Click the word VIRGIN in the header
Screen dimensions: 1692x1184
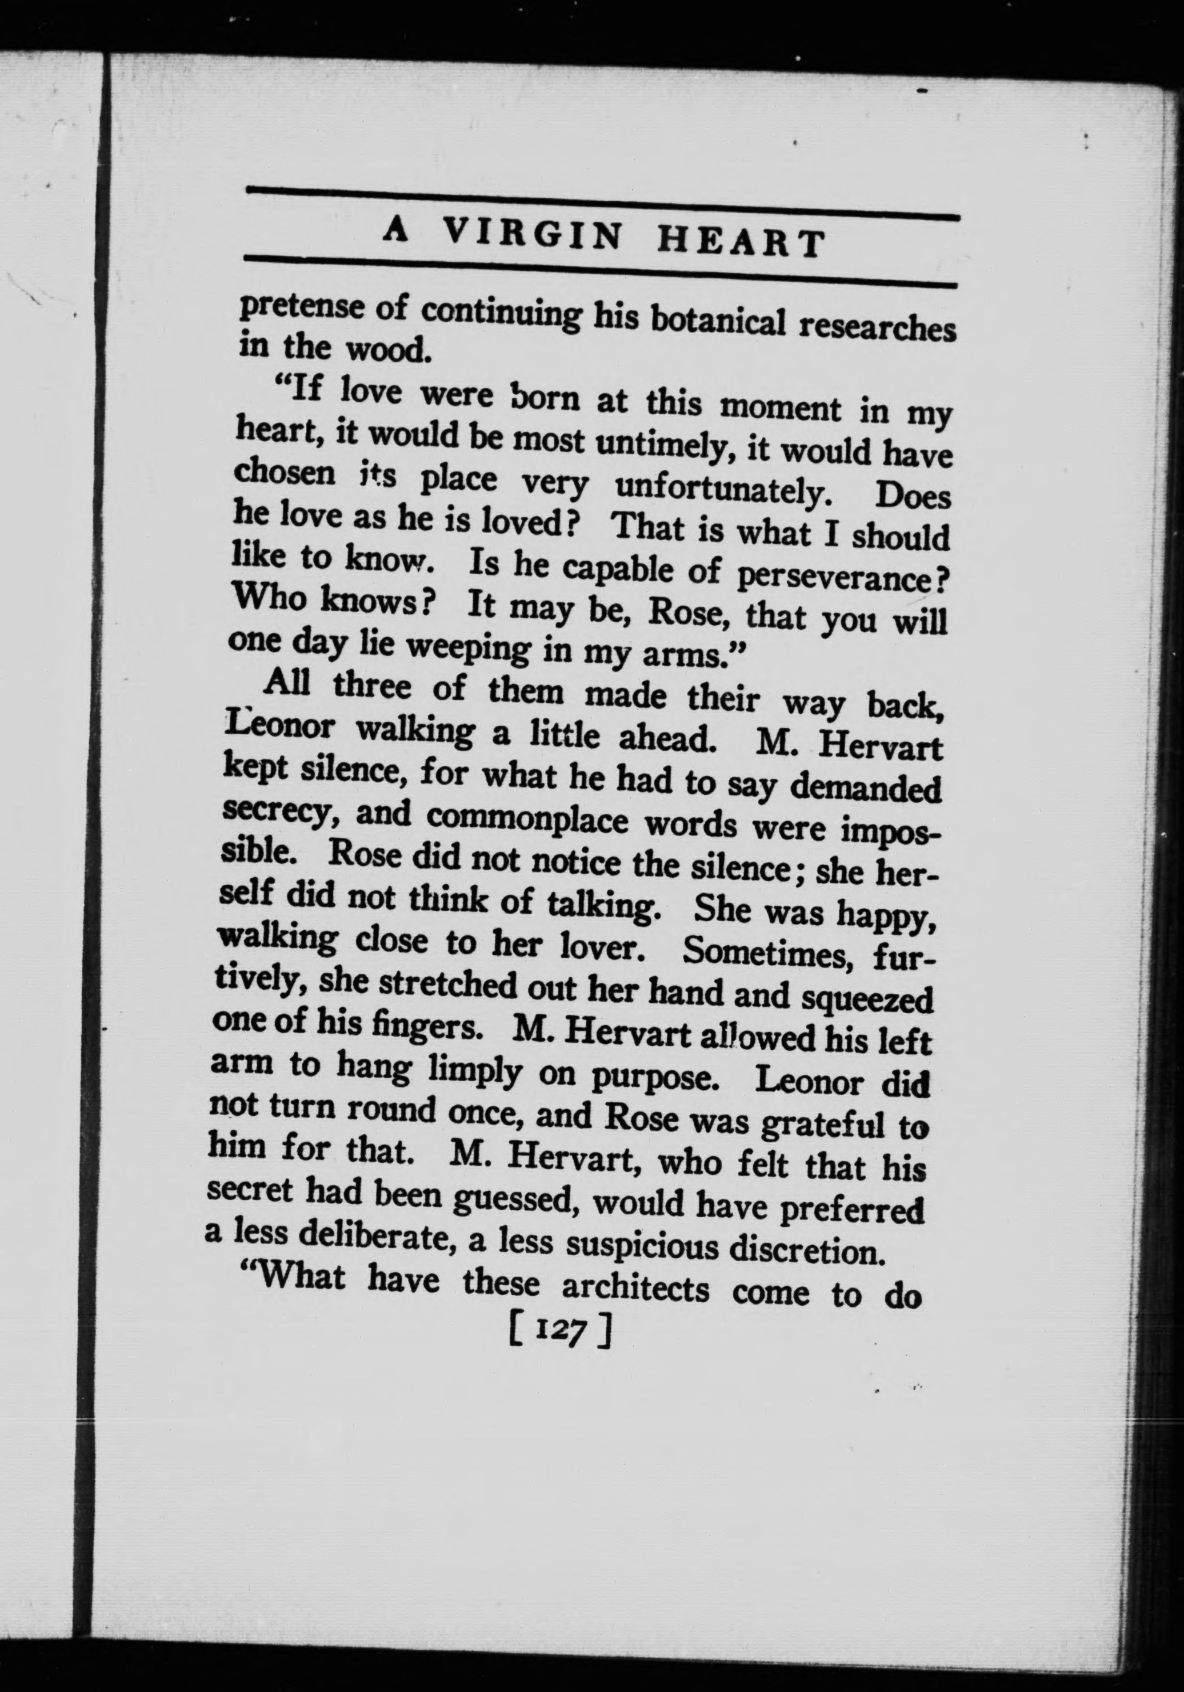533,236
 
